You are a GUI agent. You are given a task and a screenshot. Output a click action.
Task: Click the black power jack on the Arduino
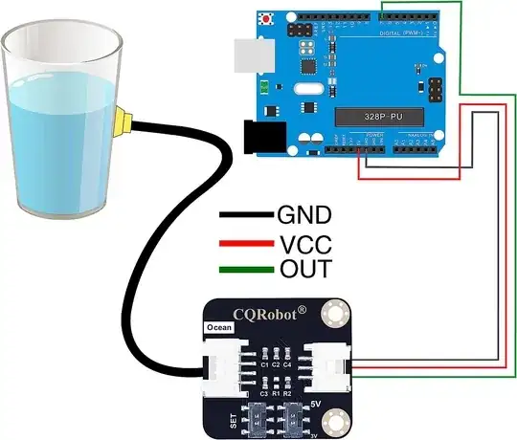click(x=258, y=136)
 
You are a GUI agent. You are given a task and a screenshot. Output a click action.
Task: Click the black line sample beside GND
click(x=247, y=215)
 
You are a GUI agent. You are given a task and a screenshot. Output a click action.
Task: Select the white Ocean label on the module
click(x=217, y=327)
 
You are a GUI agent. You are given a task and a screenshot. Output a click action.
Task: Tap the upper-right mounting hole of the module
click(x=333, y=311)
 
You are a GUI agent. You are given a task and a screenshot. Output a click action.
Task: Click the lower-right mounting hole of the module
click(x=333, y=418)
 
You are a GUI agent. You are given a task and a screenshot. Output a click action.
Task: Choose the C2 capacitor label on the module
click(x=276, y=364)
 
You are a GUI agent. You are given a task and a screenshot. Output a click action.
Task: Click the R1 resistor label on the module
click(x=275, y=393)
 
